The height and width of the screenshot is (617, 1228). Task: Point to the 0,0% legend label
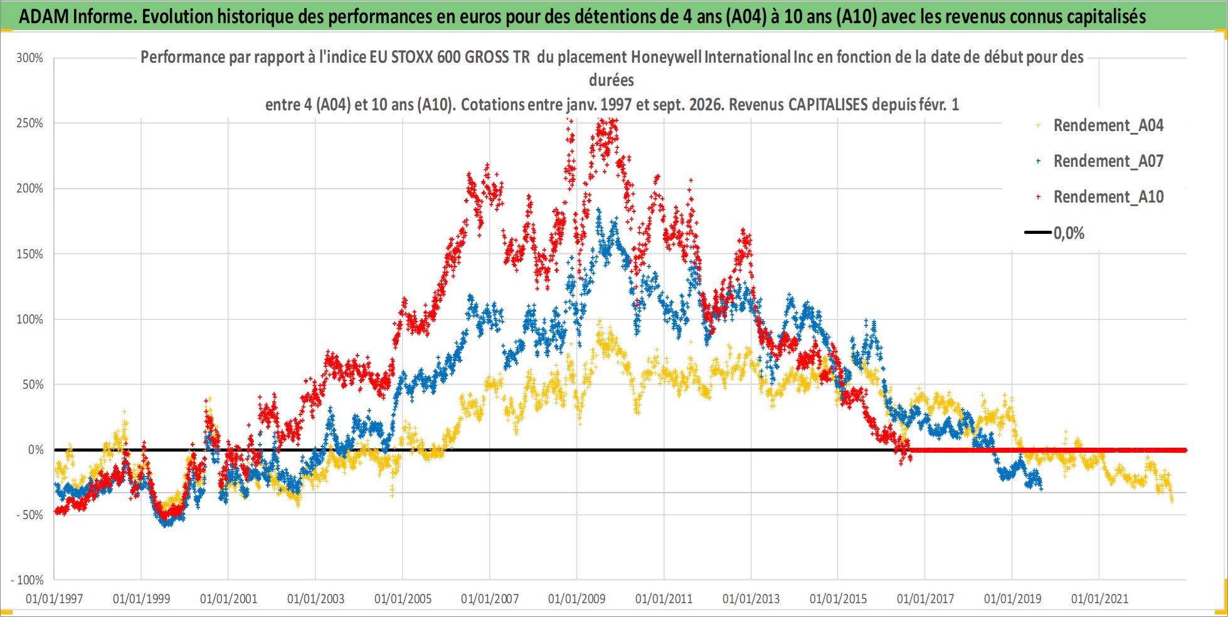[x=1069, y=233]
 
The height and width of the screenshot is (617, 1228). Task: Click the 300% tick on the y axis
[x=29, y=58]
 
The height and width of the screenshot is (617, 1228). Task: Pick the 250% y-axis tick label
[x=29, y=124]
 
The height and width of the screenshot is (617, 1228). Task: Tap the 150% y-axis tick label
[x=29, y=254]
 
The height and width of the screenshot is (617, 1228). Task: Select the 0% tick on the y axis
[x=36, y=450]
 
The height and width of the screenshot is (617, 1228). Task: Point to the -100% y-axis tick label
[x=26, y=580]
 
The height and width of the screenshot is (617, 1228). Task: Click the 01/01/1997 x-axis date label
[x=54, y=599]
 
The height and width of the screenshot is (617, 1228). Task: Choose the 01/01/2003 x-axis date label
[x=315, y=599]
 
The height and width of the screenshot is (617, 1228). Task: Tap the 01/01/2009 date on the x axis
[x=577, y=599]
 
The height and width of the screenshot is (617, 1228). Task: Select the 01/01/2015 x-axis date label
[x=839, y=599]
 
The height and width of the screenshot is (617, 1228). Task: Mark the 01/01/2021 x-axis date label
[x=1099, y=599]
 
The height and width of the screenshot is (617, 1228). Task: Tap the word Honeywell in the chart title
[x=666, y=57]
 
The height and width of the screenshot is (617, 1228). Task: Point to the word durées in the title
[x=611, y=80]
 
